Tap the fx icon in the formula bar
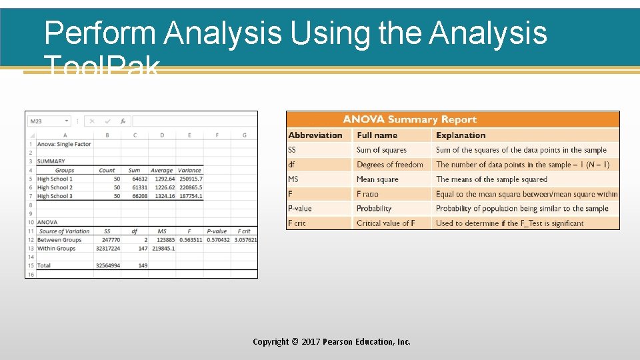pos(123,121)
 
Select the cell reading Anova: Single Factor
pos(64,144)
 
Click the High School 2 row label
pos(55,187)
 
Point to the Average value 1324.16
pos(163,196)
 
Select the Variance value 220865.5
pos(190,187)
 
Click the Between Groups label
pos(59,240)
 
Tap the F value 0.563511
pos(190,240)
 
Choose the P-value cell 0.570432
pos(217,240)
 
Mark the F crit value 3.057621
pos(245,240)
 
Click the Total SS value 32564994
pos(107,265)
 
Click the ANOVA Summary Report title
pos(409,120)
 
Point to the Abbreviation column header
pos(315,135)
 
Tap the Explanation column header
pos(461,135)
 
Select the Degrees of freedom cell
pos(390,165)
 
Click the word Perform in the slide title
pos(99,33)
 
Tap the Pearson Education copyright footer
pos(331,341)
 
